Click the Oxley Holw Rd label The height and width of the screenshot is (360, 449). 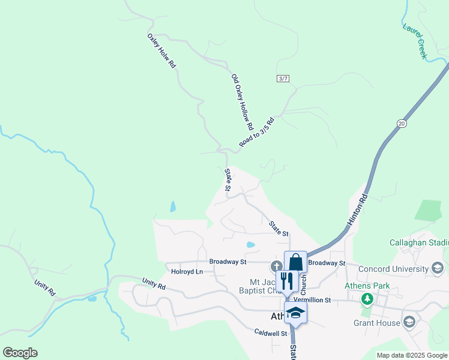[161, 50]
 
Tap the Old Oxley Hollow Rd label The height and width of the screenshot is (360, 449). [243, 103]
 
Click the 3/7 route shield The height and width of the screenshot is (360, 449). [283, 79]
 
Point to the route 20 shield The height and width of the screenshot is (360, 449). [401, 123]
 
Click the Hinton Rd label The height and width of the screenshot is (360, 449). [357, 209]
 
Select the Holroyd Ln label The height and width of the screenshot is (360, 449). [187, 272]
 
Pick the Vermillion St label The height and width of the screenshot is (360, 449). [328, 299]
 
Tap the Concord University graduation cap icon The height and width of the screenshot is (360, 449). [438, 268]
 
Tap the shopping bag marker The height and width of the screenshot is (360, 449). [295, 262]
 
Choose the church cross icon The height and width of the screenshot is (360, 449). [277, 266]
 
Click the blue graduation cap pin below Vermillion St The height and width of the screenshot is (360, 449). [295, 312]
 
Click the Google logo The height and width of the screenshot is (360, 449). [20, 353]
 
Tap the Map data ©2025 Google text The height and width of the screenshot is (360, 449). [411, 355]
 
